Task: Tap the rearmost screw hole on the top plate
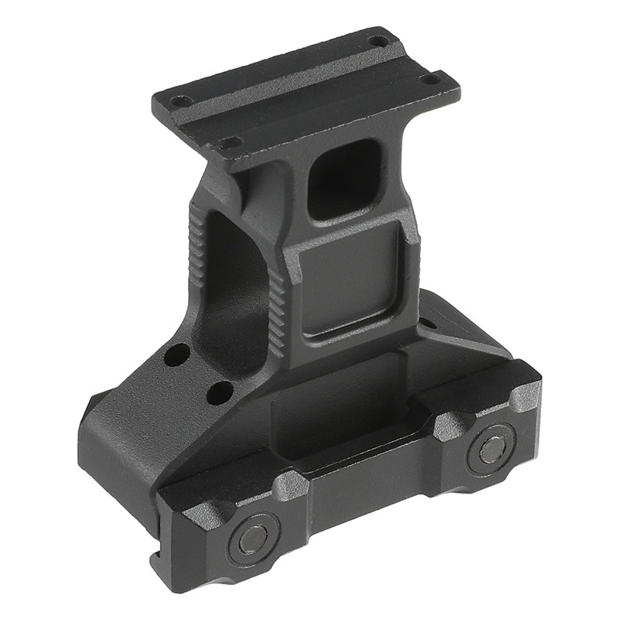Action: coord(378,40)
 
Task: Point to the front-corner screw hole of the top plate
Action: coord(229,142)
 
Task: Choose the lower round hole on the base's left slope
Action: coord(220,392)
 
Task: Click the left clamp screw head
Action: coord(253,539)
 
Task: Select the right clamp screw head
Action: coord(491,449)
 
